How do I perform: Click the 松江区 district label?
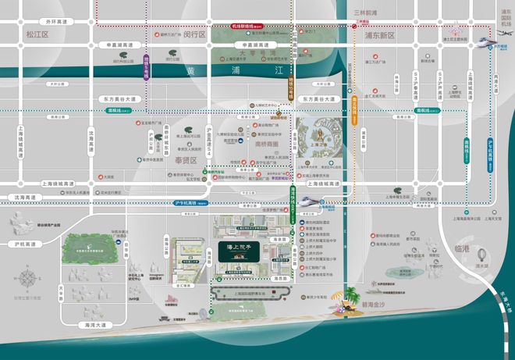[37, 35]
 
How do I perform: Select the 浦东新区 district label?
[379, 36]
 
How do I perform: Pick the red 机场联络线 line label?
[247, 26]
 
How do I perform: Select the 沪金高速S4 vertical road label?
[208, 142]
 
